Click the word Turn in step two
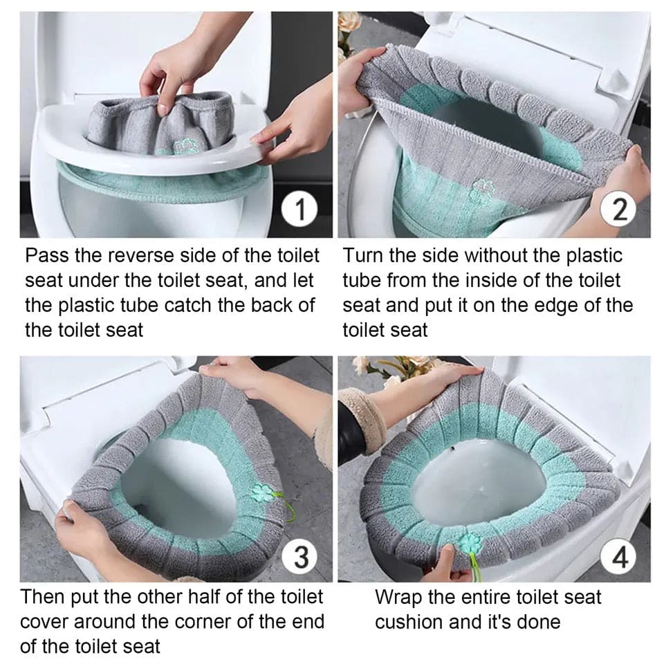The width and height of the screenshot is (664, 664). [363, 256]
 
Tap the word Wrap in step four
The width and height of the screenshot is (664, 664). [398, 597]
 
